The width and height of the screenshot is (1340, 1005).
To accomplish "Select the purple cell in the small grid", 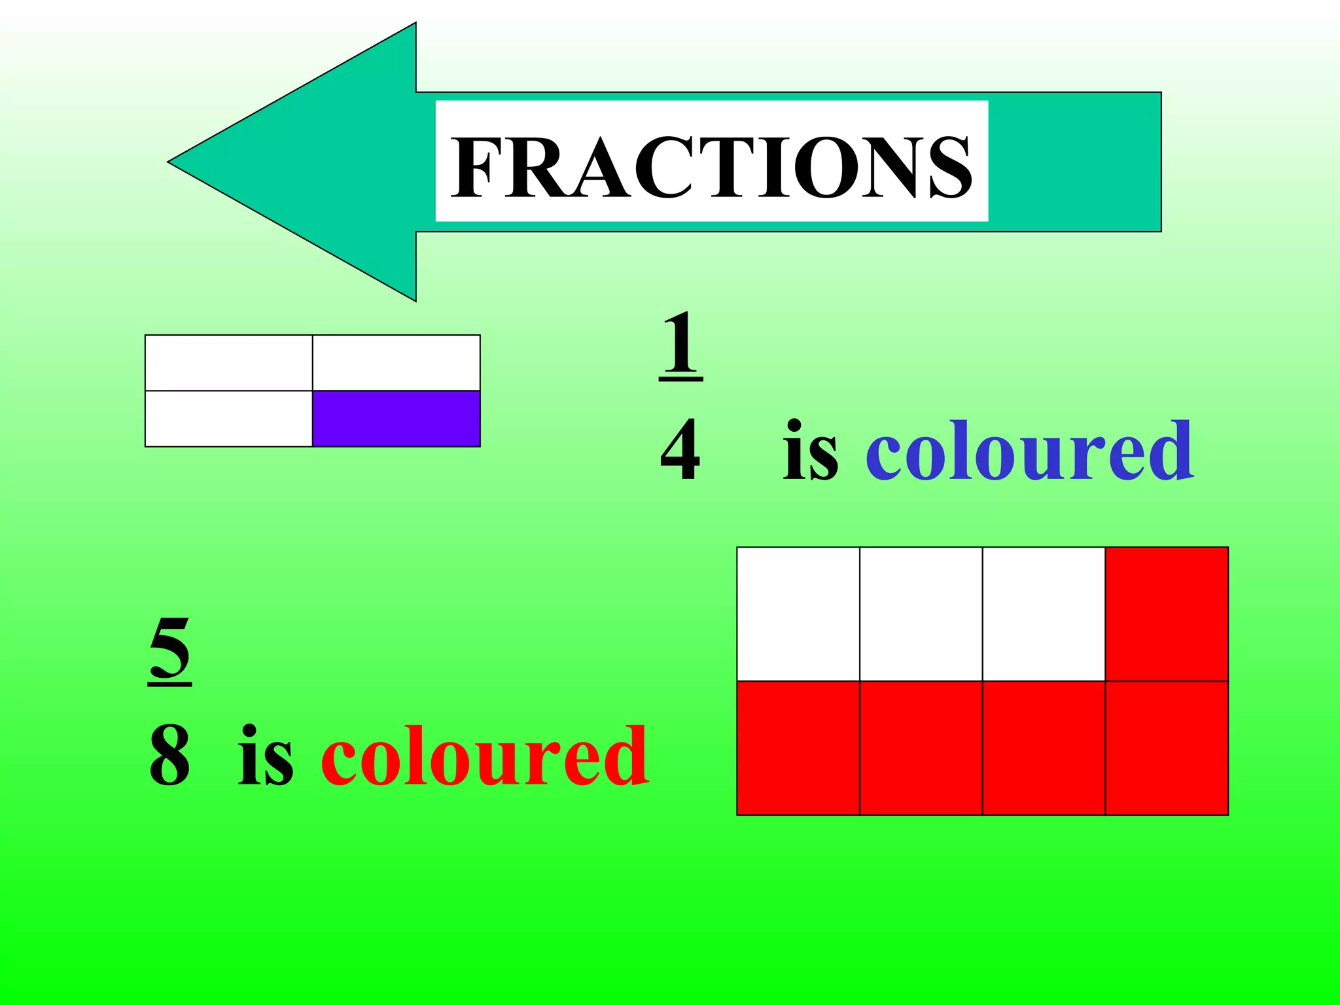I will click(397, 419).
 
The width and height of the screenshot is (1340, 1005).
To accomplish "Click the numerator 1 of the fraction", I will click(680, 344).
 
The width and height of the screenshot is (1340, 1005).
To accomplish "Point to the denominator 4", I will click(680, 450).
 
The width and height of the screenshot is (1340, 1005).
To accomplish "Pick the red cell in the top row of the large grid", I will click(1167, 614).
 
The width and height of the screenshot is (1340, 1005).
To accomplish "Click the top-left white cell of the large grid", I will click(798, 614).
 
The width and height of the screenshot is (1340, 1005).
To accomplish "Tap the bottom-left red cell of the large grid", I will click(798, 748).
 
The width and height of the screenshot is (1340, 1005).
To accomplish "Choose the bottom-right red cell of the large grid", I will click(1167, 748).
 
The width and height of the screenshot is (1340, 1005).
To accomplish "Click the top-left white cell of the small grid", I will click(228, 362).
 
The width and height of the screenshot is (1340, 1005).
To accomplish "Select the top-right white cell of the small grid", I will click(397, 362).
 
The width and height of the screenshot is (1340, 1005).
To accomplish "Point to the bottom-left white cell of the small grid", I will click(228, 419).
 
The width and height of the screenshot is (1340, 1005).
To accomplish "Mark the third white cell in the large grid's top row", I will click(1044, 614).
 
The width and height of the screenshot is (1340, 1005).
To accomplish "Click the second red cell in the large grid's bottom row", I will click(921, 748).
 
